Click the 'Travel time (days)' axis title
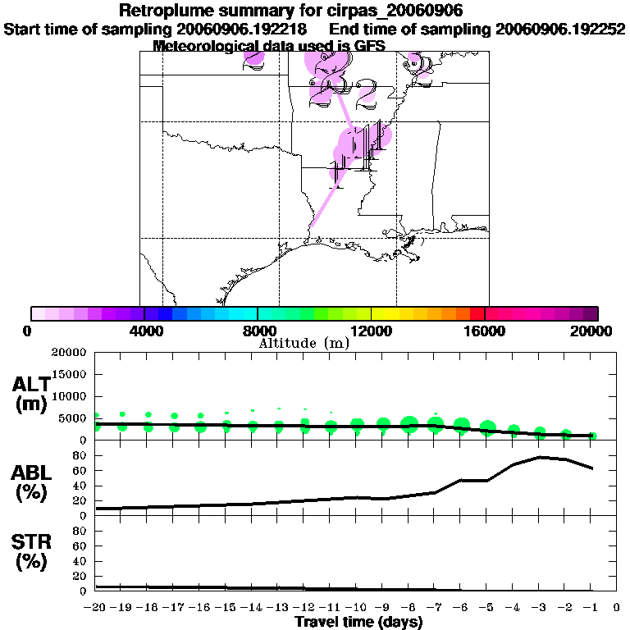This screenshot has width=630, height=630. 358,622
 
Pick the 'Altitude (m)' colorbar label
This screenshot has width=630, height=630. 304,343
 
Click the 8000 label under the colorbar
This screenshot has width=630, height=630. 258,331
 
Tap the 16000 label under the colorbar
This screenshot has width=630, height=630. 485,331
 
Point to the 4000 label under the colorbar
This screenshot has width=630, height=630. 144,331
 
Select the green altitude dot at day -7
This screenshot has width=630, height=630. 436,424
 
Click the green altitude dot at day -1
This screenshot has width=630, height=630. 592,436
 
